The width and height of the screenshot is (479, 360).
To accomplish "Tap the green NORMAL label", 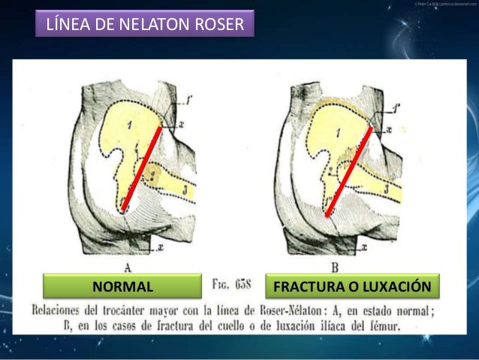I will click(122, 287).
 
